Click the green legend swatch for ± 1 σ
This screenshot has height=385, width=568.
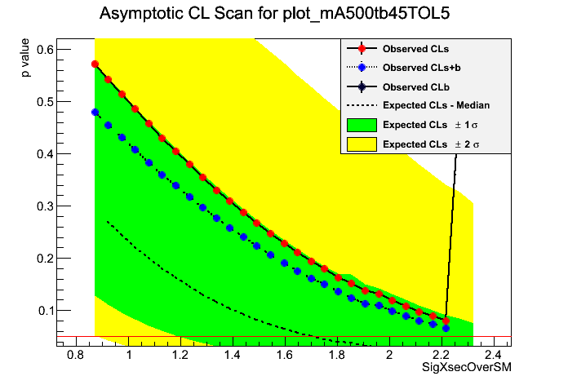(x=362, y=125)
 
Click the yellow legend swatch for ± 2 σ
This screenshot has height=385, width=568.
(x=362, y=144)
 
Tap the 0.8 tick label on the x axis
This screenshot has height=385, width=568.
(x=76, y=356)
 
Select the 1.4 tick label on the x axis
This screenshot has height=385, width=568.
(x=233, y=356)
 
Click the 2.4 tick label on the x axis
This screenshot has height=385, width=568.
(x=493, y=356)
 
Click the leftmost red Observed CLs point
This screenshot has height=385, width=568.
(x=95, y=64)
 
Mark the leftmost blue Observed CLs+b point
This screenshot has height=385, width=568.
(x=95, y=113)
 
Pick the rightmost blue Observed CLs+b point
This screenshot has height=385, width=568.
(x=446, y=328)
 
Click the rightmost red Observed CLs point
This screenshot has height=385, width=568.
(x=446, y=320)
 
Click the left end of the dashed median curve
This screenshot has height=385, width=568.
(x=108, y=221)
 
